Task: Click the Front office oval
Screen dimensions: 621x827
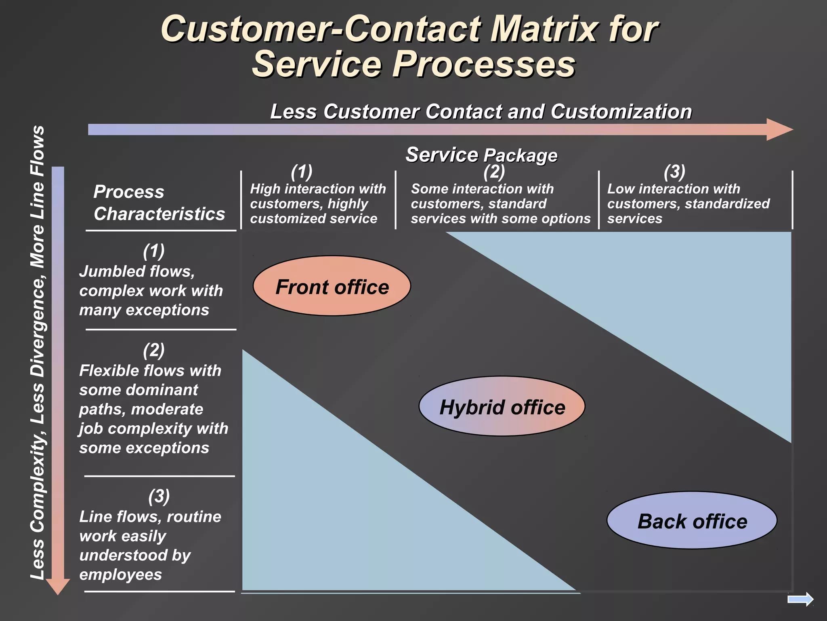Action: click(332, 286)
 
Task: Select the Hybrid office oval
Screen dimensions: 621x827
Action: click(502, 406)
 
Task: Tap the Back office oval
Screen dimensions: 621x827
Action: click(692, 520)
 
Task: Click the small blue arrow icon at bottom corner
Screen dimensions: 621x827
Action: click(800, 599)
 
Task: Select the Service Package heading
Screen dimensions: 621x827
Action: click(481, 155)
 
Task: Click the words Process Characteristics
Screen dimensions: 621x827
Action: click(159, 203)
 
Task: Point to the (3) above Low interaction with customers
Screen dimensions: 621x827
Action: click(674, 172)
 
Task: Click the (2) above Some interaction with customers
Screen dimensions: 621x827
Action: click(494, 172)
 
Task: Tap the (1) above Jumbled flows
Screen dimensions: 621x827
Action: click(154, 251)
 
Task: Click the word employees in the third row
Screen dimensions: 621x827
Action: click(120, 574)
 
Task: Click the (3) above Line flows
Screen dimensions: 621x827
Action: click(159, 496)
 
